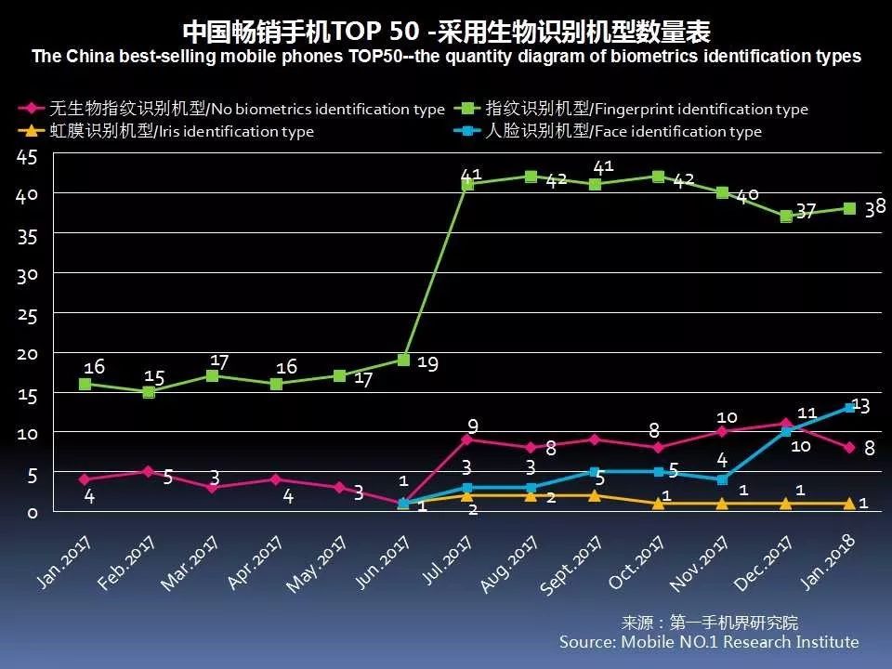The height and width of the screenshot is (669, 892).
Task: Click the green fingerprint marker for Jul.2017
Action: tap(467, 185)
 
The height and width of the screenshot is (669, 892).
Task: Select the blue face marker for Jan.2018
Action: tap(850, 407)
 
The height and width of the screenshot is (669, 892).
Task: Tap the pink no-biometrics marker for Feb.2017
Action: tap(149, 471)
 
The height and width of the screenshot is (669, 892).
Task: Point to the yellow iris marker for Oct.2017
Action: tap(659, 504)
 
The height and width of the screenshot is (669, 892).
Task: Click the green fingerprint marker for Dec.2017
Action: tap(786, 216)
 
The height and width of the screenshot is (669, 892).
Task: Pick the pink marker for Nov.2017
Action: tap(723, 431)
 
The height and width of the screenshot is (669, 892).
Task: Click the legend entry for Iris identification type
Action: tap(167, 132)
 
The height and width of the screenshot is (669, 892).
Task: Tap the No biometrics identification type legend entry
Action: tap(232, 110)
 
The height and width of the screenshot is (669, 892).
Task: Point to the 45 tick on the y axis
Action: tap(26, 158)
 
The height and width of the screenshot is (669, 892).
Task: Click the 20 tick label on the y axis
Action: tap(26, 354)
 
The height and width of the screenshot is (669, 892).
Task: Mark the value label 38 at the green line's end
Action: tap(874, 208)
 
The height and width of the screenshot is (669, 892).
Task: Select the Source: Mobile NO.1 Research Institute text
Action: tap(708, 642)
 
